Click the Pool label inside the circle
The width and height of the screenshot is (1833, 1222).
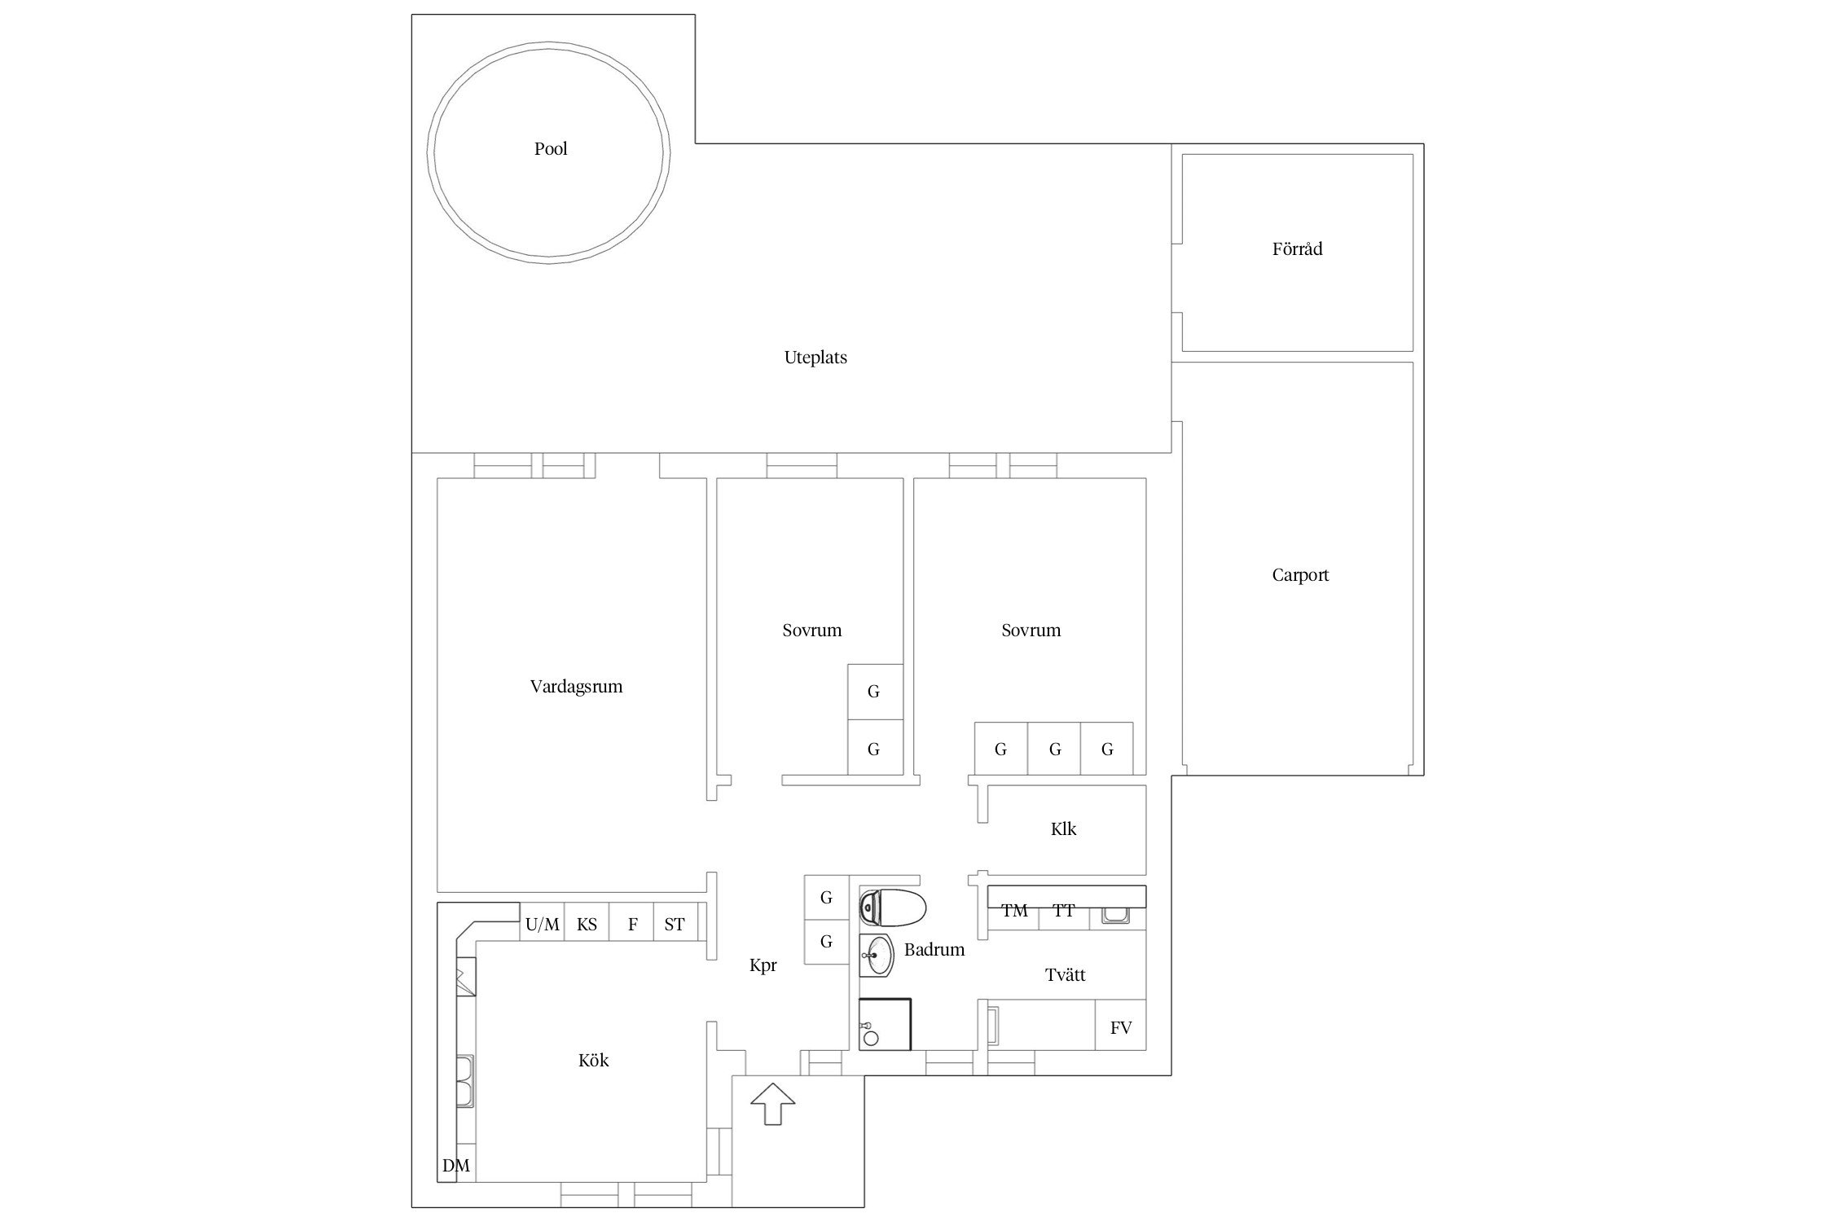(x=551, y=149)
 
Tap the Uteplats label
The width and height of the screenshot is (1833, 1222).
(x=815, y=358)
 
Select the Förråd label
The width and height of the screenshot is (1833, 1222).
(x=1297, y=248)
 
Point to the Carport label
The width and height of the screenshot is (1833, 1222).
(x=1300, y=575)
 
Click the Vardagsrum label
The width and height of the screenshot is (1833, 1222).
(x=576, y=687)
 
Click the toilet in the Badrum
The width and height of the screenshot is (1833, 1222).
(x=893, y=908)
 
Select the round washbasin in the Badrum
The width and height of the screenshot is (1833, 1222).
(x=877, y=956)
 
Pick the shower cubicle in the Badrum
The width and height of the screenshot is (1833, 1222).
(x=885, y=1024)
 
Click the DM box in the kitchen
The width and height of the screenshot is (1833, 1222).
(x=456, y=1166)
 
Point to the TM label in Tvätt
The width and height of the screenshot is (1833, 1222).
(x=1014, y=911)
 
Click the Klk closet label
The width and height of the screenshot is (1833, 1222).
(x=1064, y=829)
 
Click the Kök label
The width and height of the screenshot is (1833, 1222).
(x=594, y=1061)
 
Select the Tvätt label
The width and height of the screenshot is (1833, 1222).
(x=1066, y=974)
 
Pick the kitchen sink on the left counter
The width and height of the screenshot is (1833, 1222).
(x=465, y=1081)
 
